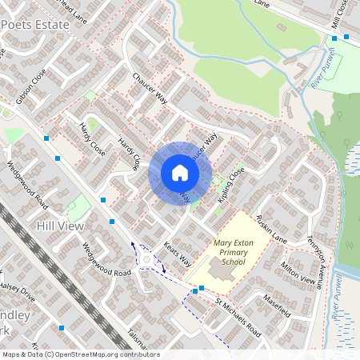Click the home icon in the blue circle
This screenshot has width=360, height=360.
pyautogui.click(x=179, y=173)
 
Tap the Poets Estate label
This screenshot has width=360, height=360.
pyautogui.click(x=37, y=24)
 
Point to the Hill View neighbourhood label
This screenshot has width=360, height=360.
pyautogui.click(x=60, y=227)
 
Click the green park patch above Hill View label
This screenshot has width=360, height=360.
pyautogui.click(x=78, y=210)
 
